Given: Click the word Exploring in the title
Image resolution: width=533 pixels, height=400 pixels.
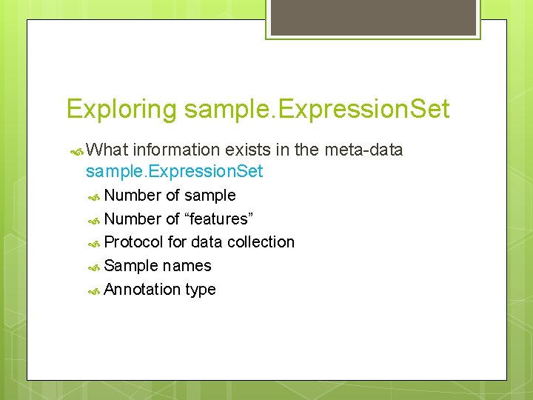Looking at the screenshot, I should pyautogui.click(x=121, y=110).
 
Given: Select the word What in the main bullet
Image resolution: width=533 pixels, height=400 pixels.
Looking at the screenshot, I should pyautogui.click(x=107, y=150).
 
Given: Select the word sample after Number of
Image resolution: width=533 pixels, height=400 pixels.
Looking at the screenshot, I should pyautogui.click(x=210, y=196).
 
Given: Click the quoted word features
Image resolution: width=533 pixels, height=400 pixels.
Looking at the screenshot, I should pyautogui.click(x=219, y=219).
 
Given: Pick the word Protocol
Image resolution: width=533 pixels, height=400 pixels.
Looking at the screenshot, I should pyautogui.click(x=134, y=242).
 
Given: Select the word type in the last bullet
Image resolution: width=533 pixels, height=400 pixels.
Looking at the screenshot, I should pyautogui.click(x=201, y=290).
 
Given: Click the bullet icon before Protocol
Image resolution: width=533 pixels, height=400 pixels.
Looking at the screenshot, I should pyautogui.click(x=94, y=243).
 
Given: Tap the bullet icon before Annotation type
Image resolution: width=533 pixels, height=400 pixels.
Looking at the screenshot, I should pyautogui.click(x=94, y=290).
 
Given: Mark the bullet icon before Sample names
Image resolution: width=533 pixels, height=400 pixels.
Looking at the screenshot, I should pyautogui.click(x=94, y=267).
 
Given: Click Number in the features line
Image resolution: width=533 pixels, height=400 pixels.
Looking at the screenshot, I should pyautogui.click(x=133, y=219).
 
